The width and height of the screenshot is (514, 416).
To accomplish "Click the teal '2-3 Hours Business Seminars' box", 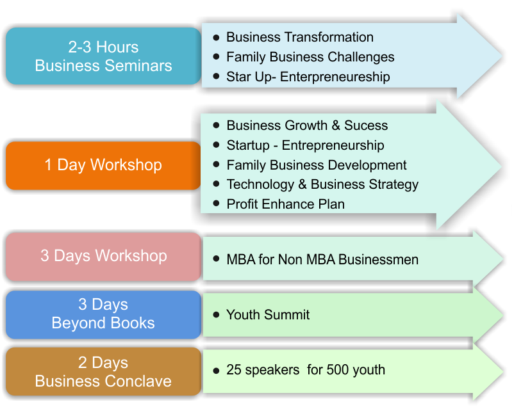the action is pos(103,56).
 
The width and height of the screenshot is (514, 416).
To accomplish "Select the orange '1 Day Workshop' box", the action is pos(103,166).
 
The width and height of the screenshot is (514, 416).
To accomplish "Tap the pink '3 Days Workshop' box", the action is pos(103,257).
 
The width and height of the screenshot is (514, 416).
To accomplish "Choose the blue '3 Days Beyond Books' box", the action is pos(103,314).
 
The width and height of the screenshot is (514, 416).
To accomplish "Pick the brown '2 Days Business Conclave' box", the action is pos(103,371).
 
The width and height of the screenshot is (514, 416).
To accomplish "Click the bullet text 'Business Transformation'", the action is pos(300,37).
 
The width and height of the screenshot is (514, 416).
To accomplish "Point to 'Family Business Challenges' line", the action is pos(310,57).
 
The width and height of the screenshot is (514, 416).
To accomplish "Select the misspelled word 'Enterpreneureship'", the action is pos(335,77).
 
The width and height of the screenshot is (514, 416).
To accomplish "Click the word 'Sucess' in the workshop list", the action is pos(366,125).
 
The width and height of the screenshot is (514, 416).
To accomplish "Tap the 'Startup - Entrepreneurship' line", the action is pos(305,146).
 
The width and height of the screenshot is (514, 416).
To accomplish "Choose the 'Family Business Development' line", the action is pos(317,165).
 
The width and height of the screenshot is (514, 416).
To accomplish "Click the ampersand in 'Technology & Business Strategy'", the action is pos(303,184).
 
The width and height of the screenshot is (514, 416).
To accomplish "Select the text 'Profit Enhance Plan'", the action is pos(285,204).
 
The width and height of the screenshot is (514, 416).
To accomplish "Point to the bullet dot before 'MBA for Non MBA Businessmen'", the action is pos(216,259).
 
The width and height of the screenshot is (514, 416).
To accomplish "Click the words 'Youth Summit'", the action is pos(268,315).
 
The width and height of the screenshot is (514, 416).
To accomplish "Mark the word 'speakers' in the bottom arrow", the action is pos(272,371).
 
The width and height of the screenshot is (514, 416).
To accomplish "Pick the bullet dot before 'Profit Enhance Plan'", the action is pos(216,204).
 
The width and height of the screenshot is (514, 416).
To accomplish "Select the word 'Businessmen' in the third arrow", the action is pos(378,260).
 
